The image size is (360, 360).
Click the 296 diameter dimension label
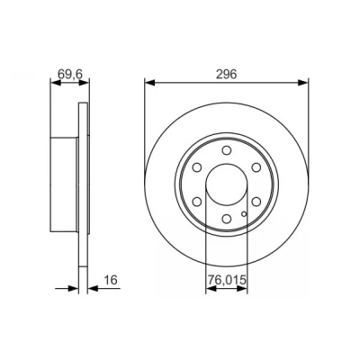click(227, 74)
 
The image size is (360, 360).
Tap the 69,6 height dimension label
click(70, 74)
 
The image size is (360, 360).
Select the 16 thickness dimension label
click(110, 280)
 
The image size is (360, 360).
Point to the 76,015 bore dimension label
click(227, 280)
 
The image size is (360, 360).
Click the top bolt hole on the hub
click(227, 150)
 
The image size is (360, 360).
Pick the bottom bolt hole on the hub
click(227, 219)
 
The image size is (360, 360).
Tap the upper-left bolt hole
click(197, 167)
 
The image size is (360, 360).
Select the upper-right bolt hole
click(256, 167)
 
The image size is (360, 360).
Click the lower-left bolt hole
click(197, 202)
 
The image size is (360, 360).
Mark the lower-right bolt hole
click(256, 202)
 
